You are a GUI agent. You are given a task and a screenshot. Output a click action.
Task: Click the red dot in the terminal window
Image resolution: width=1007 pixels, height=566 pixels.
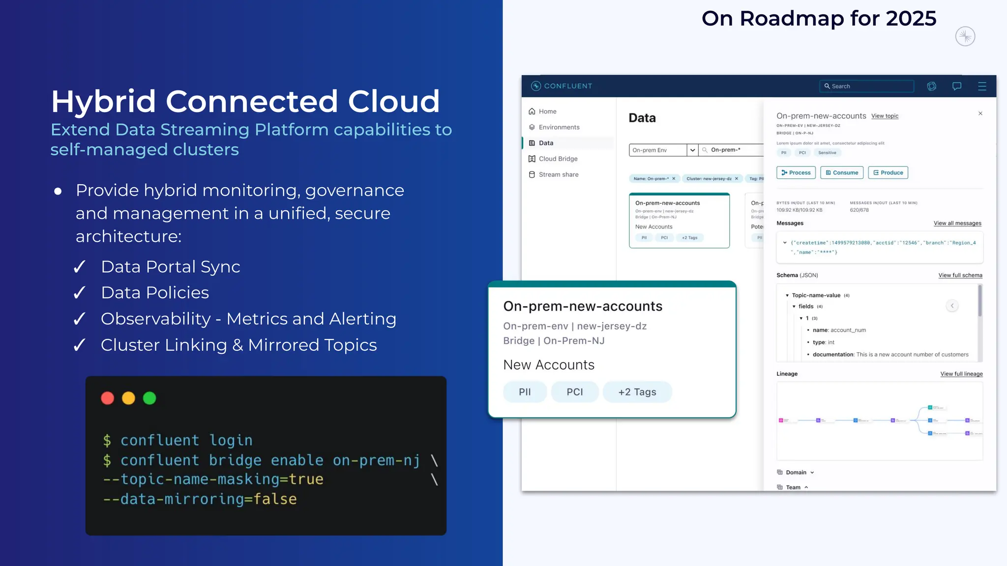click(107, 398)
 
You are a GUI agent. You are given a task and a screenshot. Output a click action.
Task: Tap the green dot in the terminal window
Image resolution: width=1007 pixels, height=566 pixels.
click(149, 398)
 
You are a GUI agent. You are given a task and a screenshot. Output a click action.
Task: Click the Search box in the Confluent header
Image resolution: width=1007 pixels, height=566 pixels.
click(866, 86)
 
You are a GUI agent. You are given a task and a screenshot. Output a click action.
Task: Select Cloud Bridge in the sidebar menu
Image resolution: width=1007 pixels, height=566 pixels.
click(558, 159)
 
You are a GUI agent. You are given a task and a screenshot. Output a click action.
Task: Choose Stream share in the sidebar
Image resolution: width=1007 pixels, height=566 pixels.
click(558, 174)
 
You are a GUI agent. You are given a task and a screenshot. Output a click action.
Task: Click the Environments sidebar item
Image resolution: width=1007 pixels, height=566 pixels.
click(559, 127)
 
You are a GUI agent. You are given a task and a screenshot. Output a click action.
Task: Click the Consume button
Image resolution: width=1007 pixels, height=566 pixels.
click(842, 172)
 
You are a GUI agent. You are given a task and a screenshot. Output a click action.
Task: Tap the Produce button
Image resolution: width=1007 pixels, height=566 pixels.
click(888, 172)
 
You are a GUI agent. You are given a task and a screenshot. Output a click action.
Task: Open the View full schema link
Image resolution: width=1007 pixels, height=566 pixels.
click(960, 275)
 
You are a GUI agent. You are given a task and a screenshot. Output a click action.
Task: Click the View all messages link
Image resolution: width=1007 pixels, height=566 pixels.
click(957, 223)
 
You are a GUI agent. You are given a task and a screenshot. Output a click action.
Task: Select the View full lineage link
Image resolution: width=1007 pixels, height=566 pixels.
click(961, 374)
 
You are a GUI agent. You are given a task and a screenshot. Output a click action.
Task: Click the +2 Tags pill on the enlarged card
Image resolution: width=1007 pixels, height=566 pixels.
click(637, 392)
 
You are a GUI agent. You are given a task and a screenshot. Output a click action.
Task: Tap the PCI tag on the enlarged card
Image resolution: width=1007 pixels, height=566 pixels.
click(575, 392)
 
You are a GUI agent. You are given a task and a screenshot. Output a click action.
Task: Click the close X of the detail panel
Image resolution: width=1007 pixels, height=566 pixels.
click(980, 113)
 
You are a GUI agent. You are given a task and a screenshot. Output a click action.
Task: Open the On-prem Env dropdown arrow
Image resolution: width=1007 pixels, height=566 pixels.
click(692, 150)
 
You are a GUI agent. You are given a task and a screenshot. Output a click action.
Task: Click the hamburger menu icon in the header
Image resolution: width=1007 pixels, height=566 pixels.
click(982, 86)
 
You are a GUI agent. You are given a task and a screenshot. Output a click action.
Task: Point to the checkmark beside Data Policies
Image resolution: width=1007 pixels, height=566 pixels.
click(80, 293)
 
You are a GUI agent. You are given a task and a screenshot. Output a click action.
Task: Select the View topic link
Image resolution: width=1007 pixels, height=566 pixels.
click(885, 116)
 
